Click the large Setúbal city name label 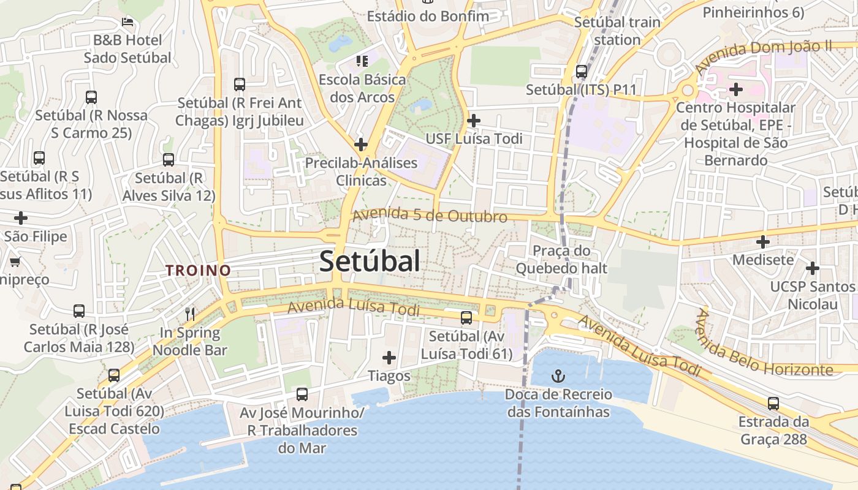tap(370, 261)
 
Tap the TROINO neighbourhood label tap(198, 270)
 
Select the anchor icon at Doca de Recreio tap(558, 375)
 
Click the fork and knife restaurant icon tap(190, 314)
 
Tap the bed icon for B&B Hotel tap(127, 22)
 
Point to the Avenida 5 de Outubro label tap(430, 216)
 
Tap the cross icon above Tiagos tap(389, 357)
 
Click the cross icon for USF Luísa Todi tap(473, 121)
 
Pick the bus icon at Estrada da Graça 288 tap(773, 404)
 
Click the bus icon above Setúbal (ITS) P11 tap(581, 72)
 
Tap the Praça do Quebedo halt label tap(561, 259)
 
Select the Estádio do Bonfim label tap(428, 16)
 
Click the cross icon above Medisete tap(762, 242)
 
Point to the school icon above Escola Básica tap(362, 61)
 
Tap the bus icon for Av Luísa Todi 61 tap(466, 317)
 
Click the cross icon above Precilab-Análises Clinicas tap(361, 145)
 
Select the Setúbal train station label tap(617, 31)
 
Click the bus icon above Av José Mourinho tap(302, 394)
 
